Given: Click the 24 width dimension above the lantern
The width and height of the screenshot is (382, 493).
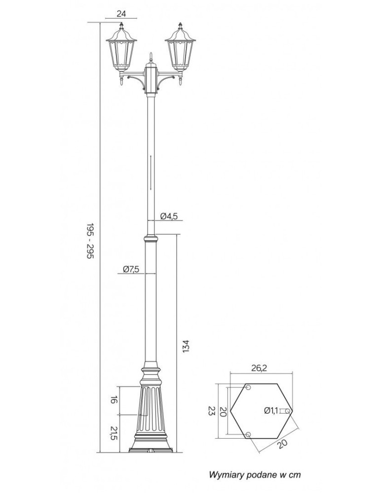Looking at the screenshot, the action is (121, 13).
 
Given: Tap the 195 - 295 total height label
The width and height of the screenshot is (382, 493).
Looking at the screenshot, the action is (90, 241).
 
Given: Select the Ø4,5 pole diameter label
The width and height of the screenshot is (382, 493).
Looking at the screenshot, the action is (169, 216).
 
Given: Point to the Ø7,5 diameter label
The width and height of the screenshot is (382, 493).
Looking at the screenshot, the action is (131, 269).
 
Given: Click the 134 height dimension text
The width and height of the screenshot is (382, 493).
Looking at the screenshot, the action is (186, 346).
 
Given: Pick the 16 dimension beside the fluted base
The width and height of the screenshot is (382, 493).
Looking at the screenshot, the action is (114, 400).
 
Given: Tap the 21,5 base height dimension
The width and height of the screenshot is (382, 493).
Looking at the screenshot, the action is (114, 433).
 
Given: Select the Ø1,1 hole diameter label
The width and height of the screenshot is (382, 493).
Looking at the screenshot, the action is (271, 410).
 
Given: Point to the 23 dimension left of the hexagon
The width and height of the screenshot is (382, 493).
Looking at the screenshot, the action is (211, 411).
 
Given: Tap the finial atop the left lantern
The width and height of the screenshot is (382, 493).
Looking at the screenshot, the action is (121, 25).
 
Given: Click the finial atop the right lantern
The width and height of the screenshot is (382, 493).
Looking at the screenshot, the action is (180, 25).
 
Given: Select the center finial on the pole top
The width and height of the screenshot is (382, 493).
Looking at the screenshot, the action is (151, 57).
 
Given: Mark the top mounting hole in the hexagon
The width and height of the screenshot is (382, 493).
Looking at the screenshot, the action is (248, 387).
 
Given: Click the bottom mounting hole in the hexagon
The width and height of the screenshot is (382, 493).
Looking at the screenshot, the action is (248, 434).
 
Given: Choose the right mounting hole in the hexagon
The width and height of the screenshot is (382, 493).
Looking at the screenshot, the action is (287, 411).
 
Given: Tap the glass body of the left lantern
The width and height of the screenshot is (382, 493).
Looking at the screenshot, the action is (121, 53).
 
